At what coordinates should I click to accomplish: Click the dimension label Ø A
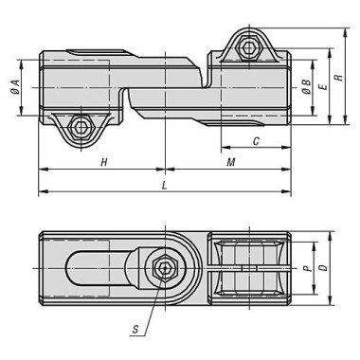[15, 87]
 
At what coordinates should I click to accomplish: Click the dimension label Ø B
[306, 87]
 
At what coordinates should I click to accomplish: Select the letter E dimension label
[323, 87]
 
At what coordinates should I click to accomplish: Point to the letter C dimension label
[256, 141]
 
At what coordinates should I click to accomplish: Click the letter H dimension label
[104, 162]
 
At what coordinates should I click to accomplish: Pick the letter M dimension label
[231, 162]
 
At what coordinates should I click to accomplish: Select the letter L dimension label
[164, 186]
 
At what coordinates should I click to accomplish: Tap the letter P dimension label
[306, 269]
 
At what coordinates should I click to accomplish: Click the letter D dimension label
[323, 268]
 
